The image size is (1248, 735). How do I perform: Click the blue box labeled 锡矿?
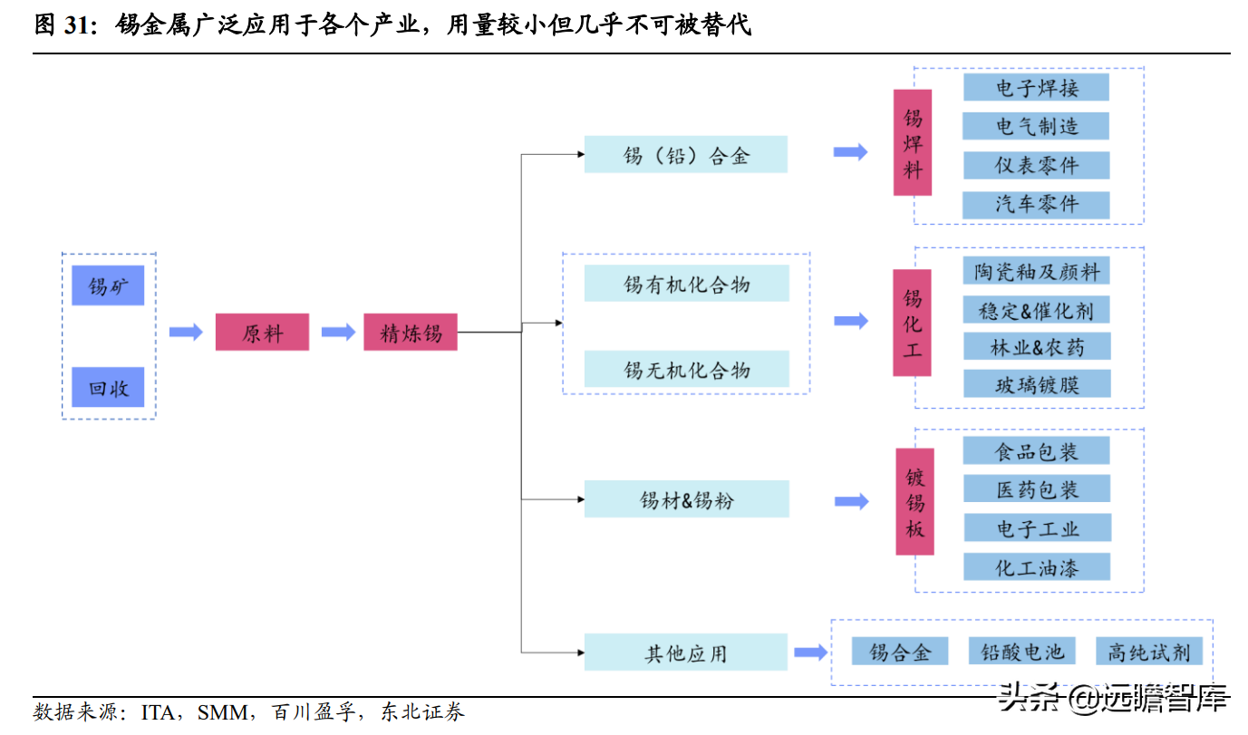(108, 286)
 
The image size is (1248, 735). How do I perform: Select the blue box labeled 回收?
(108, 388)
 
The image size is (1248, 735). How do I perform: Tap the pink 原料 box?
(262, 333)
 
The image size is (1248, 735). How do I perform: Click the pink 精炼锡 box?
(410, 333)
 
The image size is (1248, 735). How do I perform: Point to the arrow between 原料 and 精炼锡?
(338, 333)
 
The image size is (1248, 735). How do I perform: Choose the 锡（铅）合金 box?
(685, 155)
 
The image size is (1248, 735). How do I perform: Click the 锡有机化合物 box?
(686, 284)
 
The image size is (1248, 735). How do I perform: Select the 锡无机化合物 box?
(686, 370)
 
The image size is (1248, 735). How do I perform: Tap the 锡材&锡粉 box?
(686, 499)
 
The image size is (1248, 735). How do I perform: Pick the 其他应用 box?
(685, 653)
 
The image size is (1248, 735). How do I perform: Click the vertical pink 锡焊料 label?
(912, 142)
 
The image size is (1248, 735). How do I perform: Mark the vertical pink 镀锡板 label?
(914, 502)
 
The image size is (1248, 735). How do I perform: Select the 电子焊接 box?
(1036, 87)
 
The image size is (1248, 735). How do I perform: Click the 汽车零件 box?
(1036, 204)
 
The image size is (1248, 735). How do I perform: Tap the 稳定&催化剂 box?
(1036, 310)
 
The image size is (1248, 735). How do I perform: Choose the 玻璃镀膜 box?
(1036, 384)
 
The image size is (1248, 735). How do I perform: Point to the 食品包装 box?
(1036, 450)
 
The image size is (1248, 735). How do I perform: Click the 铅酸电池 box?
(1022, 651)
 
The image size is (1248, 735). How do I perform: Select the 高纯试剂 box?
(1148, 651)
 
